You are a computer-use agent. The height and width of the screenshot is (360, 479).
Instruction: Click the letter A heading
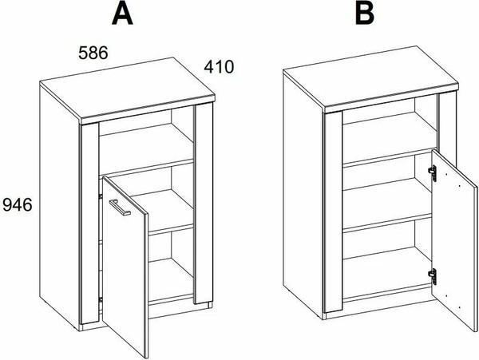pos(122,14)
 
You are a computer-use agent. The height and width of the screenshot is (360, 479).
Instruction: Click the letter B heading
pos(365,14)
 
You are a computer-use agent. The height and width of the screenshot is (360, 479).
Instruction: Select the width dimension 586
pos(93,53)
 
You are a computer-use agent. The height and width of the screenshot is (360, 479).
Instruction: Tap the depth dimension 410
pos(219,67)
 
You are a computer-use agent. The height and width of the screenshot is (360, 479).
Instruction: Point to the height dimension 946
pos(18,204)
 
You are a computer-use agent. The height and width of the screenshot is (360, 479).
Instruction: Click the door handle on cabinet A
pos(120,208)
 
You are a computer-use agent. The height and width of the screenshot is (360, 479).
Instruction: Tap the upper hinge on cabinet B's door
pos(432,173)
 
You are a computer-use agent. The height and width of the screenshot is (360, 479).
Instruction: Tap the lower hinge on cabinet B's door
pos(432,277)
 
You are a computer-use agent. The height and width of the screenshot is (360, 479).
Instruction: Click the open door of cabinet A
pos(125,267)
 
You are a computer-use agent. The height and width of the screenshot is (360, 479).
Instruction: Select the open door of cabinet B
pos(454,240)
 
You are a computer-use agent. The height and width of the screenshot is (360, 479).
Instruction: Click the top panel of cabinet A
pos(128,89)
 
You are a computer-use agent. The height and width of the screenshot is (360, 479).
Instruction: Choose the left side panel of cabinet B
pos(303,196)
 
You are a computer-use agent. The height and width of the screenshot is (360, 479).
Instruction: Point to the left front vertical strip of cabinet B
pos(333,212)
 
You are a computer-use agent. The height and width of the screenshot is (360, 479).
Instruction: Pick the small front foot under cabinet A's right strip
pos(209,305)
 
